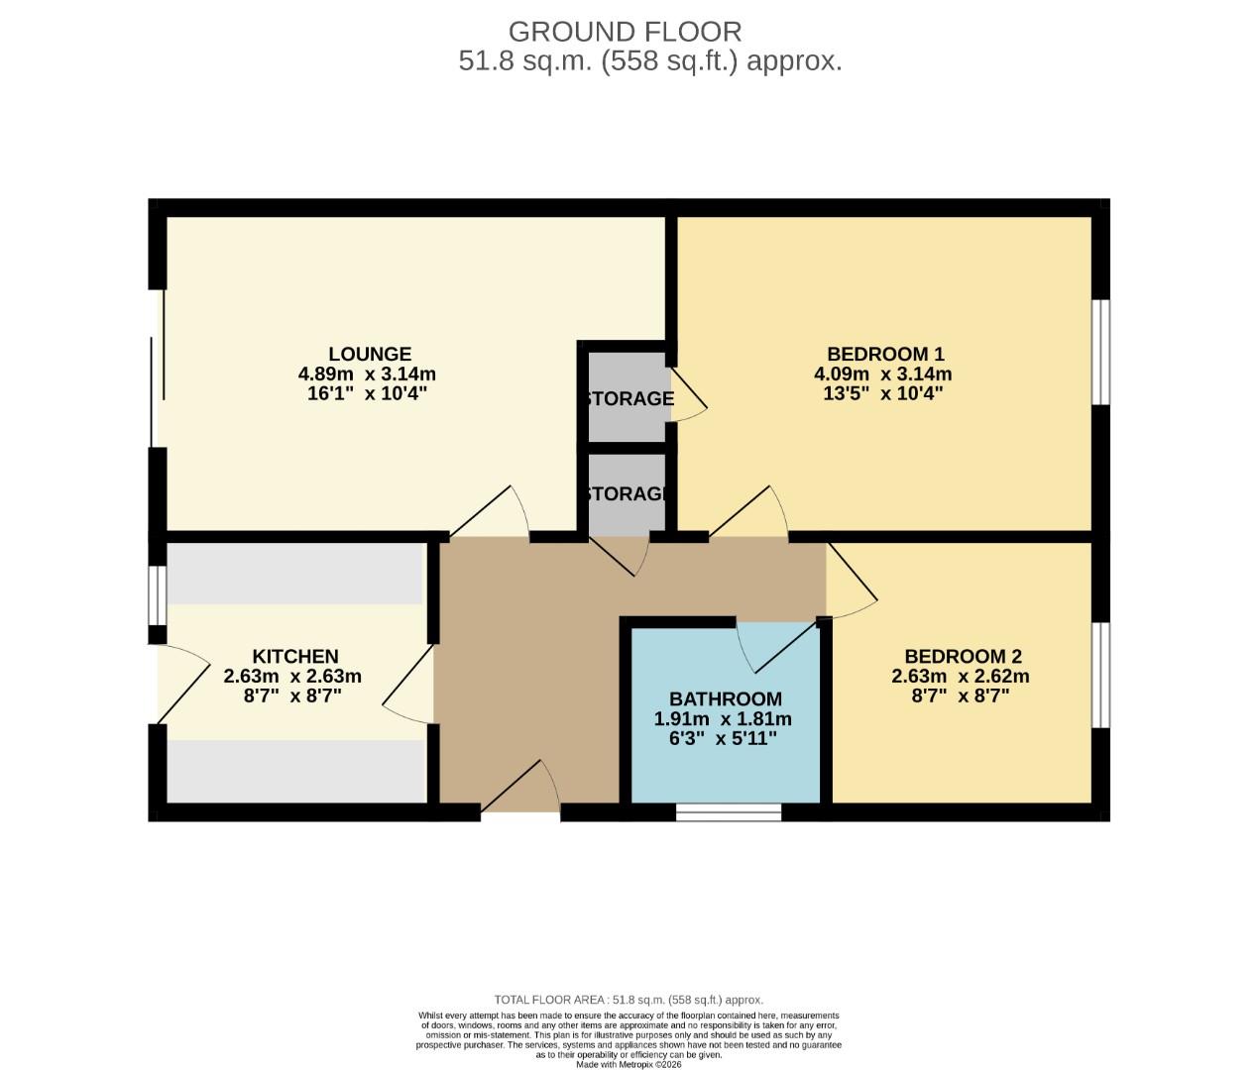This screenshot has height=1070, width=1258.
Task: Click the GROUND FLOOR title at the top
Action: [x=625, y=32]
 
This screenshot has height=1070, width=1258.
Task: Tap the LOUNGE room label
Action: [x=370, y=354]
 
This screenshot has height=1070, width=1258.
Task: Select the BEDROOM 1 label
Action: [x=885, y=354]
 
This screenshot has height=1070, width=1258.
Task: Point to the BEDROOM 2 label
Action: [x=963, y=656]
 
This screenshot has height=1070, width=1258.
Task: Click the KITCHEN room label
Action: [x=295, y=656]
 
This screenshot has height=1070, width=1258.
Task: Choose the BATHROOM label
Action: [x=725, y=698]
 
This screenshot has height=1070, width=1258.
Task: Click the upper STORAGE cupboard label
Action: [x=629, y=399]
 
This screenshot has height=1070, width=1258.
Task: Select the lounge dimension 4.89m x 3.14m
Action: [x=367, y=374]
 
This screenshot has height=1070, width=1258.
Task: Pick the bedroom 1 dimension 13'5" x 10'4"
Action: [x=882, y=393]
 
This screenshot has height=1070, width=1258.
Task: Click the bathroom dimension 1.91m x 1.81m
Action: [x=723, y=719]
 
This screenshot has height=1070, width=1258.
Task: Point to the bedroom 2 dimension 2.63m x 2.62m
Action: [x=961, y=677]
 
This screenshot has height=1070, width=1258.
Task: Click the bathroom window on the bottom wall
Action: [x=729, y=812]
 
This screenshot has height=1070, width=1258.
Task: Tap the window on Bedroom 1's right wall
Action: [x=1100, y=352]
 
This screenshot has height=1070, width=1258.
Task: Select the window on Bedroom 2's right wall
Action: [x=1100, y=675]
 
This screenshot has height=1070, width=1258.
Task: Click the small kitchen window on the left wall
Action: [x=158, y=594]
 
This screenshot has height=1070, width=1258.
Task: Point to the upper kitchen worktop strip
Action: [x=294, y=574]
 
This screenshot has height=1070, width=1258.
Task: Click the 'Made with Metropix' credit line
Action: [x=629, y=1064]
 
